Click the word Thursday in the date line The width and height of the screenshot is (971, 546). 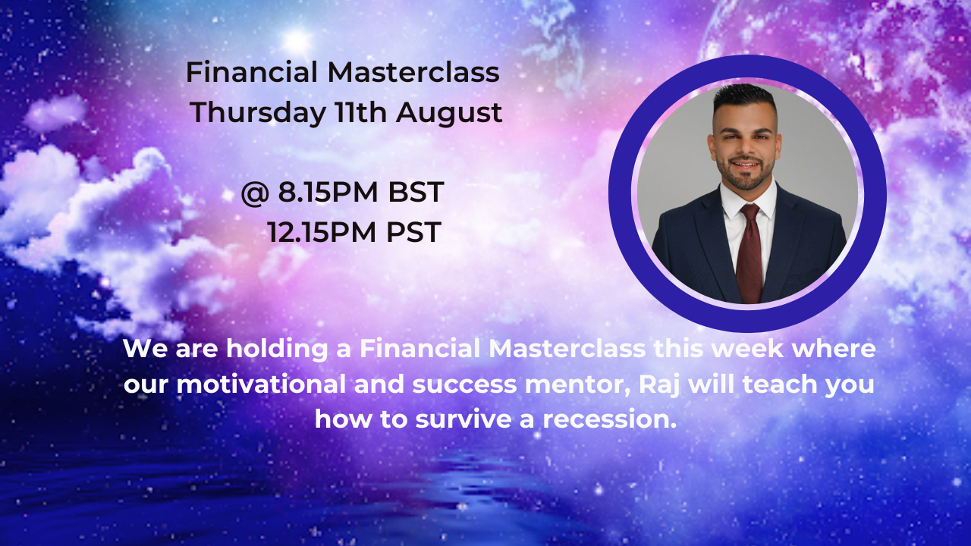258,113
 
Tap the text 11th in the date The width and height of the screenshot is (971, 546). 360,111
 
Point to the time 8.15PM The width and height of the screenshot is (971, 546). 328,192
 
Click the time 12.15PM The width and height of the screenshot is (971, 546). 322,232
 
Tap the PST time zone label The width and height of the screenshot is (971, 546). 414,232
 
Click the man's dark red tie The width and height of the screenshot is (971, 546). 751,253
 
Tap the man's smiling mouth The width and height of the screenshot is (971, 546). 745,165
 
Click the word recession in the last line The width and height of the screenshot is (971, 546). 609,419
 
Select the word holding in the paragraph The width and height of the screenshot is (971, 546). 277,350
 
